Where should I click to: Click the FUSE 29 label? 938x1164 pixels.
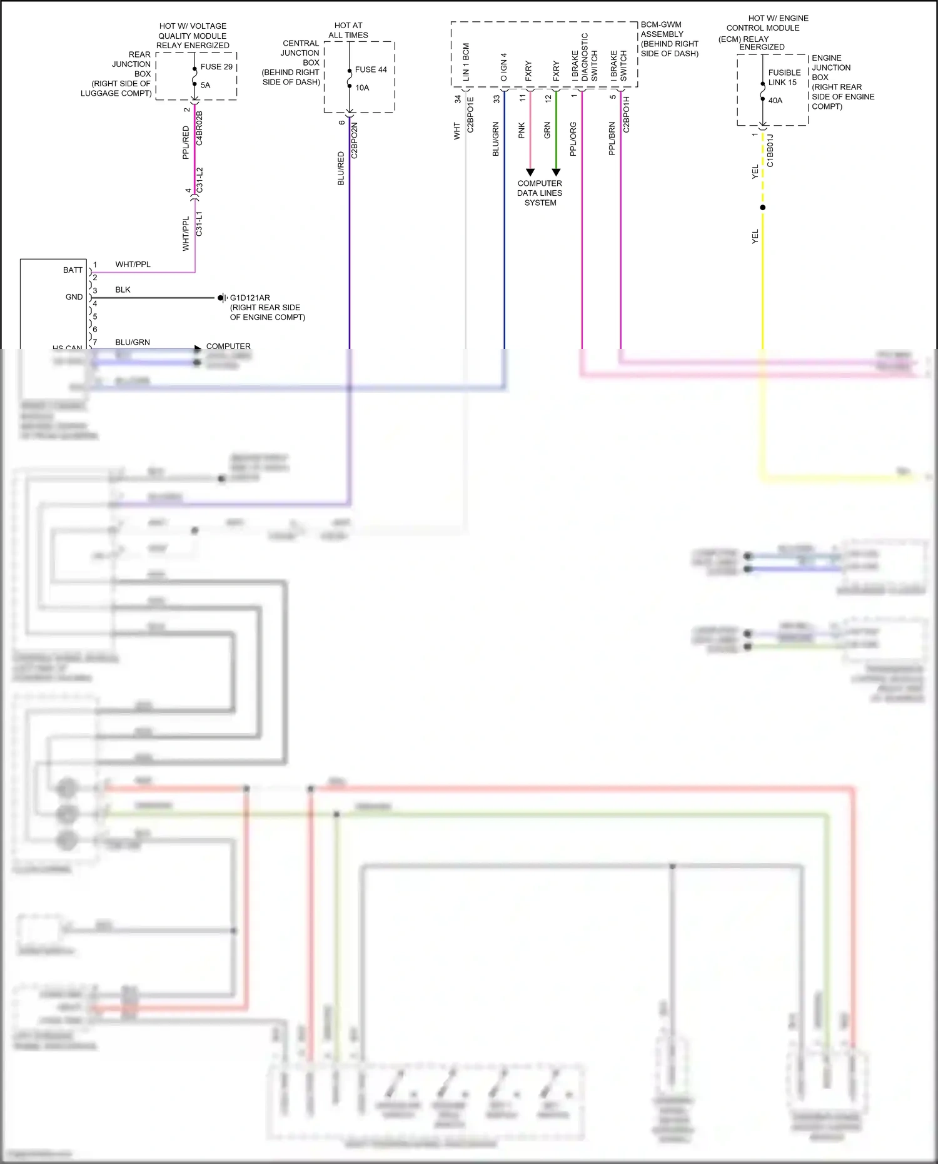point(216,67)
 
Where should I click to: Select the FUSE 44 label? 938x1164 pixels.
point(371,69)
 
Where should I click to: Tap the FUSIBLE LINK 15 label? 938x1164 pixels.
point(784,78)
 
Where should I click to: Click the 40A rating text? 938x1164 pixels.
point(775,101)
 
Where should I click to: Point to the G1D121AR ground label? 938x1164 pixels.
point(250,298)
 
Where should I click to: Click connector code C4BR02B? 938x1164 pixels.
point(199,128)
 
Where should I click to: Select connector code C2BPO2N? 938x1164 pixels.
point(355,140)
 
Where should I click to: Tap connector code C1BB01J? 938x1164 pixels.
point(770,150)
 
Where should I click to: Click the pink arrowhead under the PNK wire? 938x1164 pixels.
point(530,172)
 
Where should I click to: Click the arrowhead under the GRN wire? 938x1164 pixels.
point(556,172)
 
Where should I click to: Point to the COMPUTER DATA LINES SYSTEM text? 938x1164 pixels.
point(540,193)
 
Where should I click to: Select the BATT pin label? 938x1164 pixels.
point(73,270)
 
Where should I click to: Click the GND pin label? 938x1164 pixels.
point(74,297)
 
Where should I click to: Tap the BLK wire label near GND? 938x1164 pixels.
point(123,290)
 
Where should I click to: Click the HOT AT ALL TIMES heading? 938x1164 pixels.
point(348,31)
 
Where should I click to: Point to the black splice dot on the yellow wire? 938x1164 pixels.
point(762,208)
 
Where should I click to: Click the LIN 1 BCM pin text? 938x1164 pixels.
point(466,62)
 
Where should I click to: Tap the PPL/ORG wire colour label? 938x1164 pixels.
point(573,139)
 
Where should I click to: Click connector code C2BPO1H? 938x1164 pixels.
point(627,114)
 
